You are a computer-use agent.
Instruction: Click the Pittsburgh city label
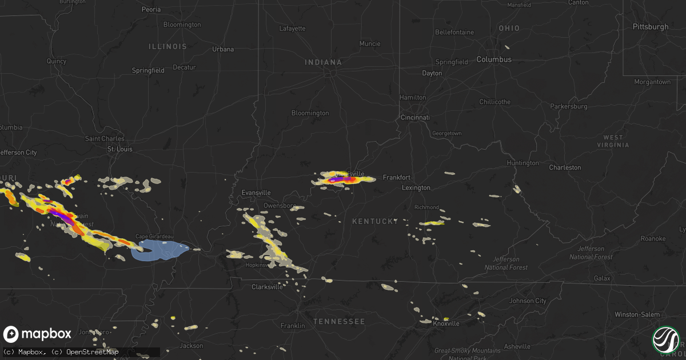(650, 27)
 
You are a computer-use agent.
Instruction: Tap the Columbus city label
(494, 59)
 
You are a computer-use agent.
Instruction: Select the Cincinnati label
(414, 117)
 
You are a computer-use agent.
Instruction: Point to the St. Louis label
(120, 149)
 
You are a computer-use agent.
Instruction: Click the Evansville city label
(256, 193)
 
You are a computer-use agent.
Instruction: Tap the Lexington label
(416, 187)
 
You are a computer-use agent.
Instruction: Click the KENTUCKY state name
(375, 221)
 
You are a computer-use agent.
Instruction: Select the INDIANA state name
(323, 62)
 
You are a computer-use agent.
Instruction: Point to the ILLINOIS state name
(167, 46)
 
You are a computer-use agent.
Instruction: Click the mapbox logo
(38, 334)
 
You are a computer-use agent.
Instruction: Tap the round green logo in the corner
(665, 339)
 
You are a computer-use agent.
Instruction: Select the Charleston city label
(565, 167)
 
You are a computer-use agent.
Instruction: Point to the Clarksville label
(267, 287)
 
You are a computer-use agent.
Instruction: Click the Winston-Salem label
(637, 314)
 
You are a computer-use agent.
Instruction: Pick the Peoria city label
(151, 10)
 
